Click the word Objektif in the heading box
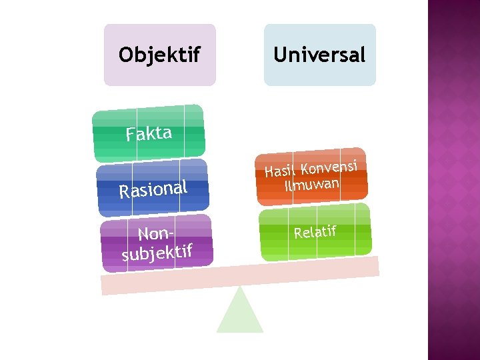point(159,55)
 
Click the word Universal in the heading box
point(319,55)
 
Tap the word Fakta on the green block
point(149,133)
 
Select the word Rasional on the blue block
point(153,189)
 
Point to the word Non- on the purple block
point(156,233)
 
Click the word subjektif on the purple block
point(157,252)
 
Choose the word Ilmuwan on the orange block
point(312,184)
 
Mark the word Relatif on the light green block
point(315,232)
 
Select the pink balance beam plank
point(240,275)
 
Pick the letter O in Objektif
point(125,55)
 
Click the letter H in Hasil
point(269,173)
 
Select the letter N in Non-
point(143,235)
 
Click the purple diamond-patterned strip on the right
point(453,180)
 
